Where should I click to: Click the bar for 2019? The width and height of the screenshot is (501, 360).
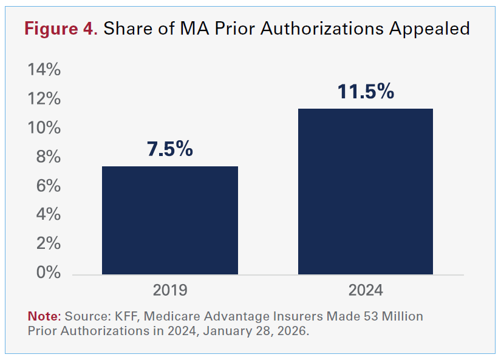pyautogui.click(x=169, y=220)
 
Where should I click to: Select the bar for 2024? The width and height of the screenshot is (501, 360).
pyautogui.click(x=365, y=191)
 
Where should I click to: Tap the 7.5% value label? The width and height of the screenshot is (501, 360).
pyautogui.click(x=169, y=149)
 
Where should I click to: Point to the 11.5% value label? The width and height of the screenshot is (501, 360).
pyautogui.click(x=366, y=92)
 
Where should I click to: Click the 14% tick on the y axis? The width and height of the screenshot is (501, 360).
pyautogui.click(x=44, y=70)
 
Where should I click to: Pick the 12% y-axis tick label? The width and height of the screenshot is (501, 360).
pyautogui.click(x=44, y=99)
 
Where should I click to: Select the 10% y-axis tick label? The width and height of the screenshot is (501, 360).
pyautogui.click(x=44, y=128)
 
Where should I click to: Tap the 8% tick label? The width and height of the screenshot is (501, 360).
pyautogui.click(x=49, y=157)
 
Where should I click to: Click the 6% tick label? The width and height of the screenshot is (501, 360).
pyautogui.click(x=49, y=186)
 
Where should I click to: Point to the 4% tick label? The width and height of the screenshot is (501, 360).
pyautogui.click(x=49, y=214)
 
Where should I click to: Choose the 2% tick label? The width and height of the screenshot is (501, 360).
pyautogui.click(x=49, y=243)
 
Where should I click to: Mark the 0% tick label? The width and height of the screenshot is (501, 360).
pyautogui.click(x=49, y=273)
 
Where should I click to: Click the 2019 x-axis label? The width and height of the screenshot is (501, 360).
pyautogui.click(x=169, y=290)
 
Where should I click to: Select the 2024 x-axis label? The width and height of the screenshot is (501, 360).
pyautogui.click(x=366, y=290)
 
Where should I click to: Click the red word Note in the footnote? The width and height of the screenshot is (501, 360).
pyautogui.click(x=43, y=316)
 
